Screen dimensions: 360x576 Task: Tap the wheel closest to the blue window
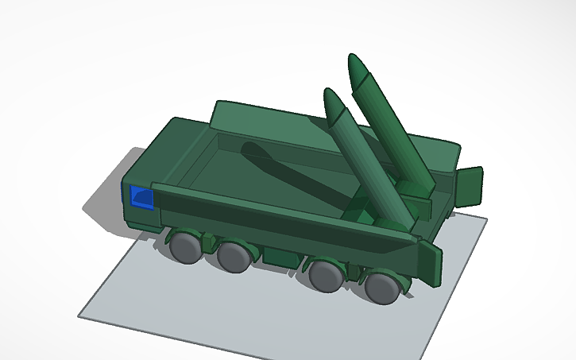point(186,247)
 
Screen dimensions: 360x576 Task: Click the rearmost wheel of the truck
point(384,287)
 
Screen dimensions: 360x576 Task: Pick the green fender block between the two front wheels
point(211,242)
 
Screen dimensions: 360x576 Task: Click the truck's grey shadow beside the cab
point(103,203)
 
